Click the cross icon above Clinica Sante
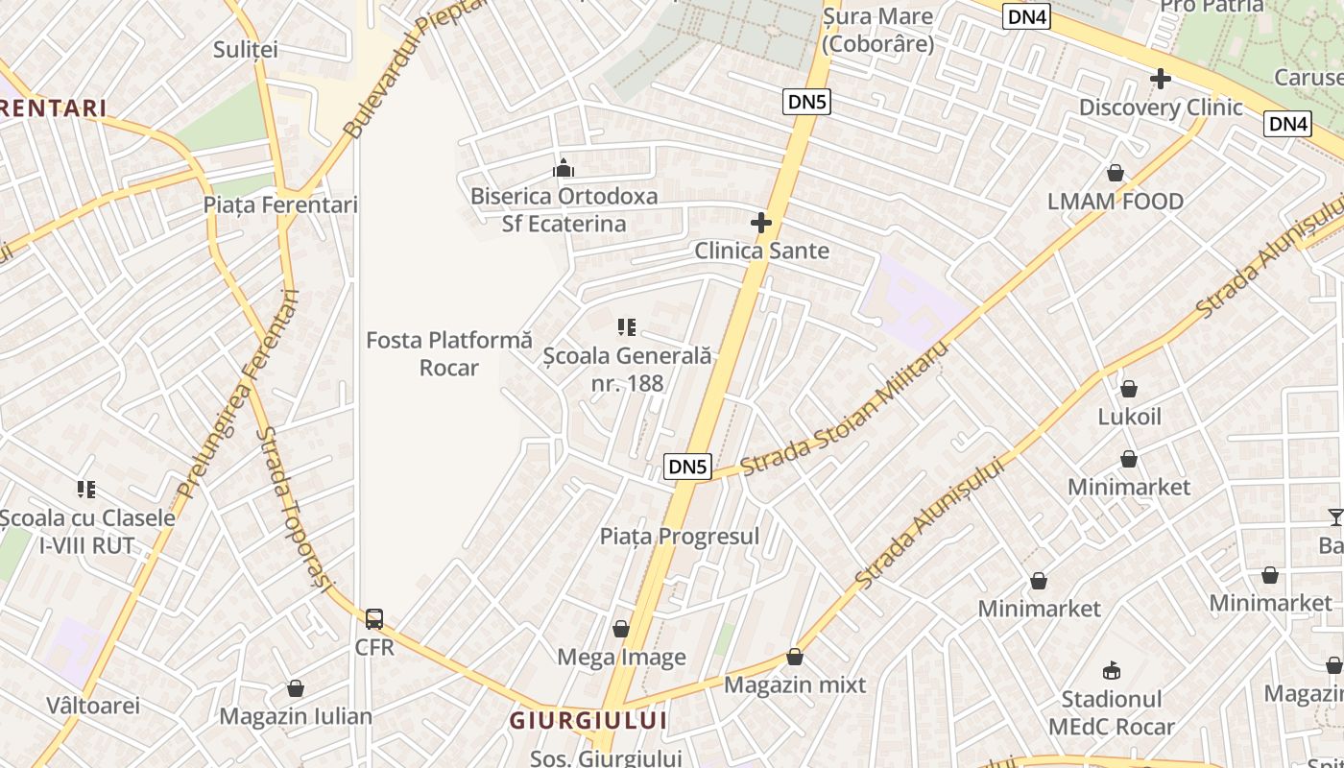761,224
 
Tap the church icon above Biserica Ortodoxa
564,169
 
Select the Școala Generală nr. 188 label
628,370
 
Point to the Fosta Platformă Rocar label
449,353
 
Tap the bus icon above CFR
374,619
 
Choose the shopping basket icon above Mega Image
621,630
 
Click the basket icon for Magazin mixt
795,658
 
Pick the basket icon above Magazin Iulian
296,689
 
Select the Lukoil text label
1129,417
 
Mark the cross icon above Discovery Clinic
1161,79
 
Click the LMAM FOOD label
1116,202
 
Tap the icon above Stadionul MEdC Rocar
1112,670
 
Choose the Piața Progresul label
680,537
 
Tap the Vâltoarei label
93,706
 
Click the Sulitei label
245,49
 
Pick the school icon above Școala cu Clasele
87,490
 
